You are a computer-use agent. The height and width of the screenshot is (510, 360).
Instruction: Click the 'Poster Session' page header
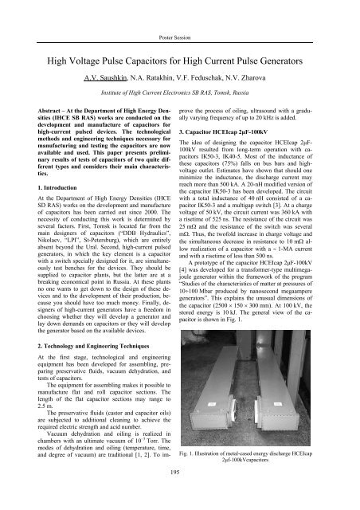tap(179, 16)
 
